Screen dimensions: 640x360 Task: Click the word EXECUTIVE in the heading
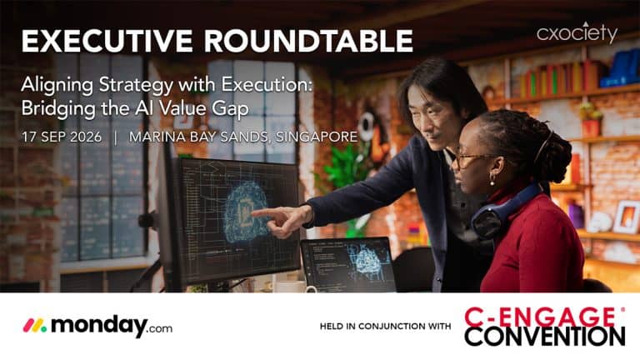click(x=107, y=41)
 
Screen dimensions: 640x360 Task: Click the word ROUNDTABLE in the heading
click(x=308, y=41)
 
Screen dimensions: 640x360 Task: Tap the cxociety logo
click(x=577, y=32)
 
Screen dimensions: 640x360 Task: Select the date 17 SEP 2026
click(x=62, y=137)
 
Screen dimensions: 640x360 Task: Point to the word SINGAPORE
click(x=317, y=137)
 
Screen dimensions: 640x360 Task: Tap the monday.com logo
click(x=97, y=326)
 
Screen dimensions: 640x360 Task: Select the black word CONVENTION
click(x=544, y=337)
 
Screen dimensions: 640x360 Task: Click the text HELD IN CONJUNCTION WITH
click(x=385, y=326)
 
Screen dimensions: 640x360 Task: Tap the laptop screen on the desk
click(x=348, y=264)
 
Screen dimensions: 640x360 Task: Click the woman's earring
click(x=493, y=180)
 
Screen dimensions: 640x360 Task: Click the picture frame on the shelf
click(x=626, y=217)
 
